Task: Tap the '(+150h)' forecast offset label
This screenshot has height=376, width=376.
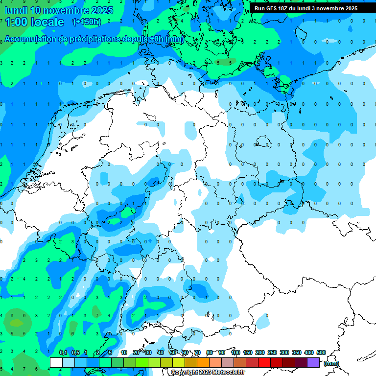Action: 87,22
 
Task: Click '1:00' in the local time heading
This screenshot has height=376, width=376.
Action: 15,22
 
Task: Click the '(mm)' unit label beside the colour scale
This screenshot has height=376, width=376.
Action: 331,363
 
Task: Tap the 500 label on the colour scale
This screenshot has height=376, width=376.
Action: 321,352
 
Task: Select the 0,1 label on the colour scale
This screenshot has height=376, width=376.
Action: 63,352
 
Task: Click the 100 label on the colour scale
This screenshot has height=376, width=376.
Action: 235,352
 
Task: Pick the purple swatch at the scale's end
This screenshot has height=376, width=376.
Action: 313,362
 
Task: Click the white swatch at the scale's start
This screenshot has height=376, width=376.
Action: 56,362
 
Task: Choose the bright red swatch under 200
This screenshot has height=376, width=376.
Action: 264,362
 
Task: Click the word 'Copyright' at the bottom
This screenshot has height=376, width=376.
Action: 184,373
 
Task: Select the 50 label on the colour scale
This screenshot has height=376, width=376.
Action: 173,352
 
